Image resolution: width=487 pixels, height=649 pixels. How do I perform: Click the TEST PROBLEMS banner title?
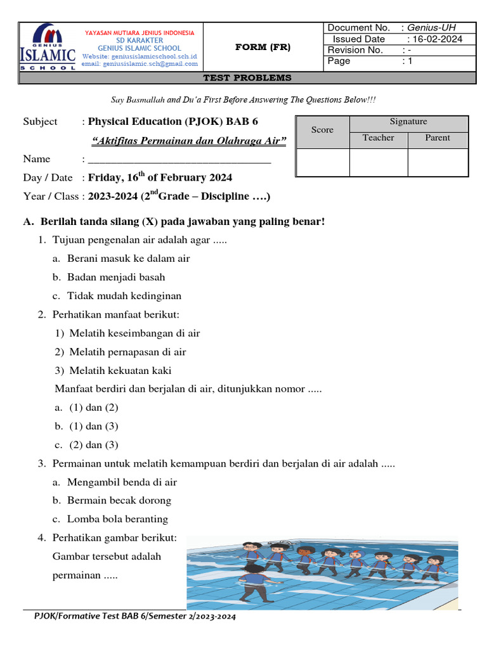[247, 78]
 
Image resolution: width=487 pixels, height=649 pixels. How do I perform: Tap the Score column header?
[322, 130]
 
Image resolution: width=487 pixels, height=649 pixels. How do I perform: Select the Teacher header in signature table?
[378, 138]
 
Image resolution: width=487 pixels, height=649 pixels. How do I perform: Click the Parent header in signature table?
[438, 138]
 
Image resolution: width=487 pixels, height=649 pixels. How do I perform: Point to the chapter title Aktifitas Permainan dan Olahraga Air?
[188, 141]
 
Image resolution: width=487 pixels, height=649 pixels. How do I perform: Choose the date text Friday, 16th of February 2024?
[160, 177]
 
